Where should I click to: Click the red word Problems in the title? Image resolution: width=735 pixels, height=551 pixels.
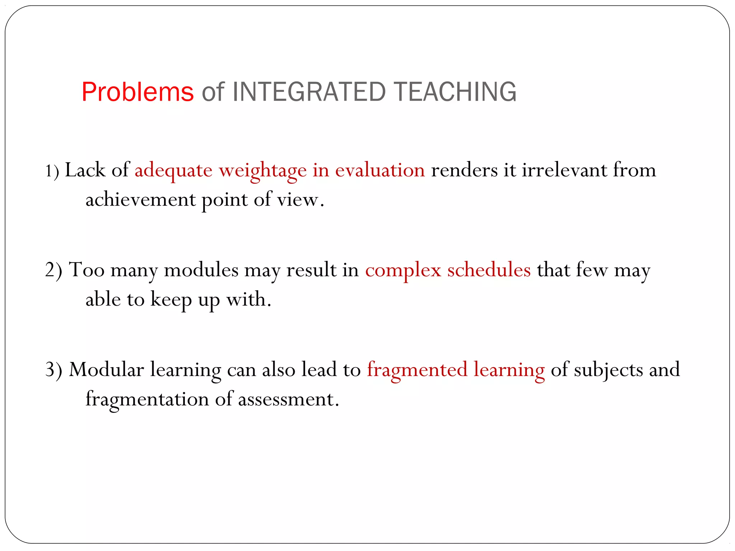tap(137, 92)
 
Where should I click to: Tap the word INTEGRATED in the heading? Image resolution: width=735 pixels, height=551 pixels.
tap(309, 92)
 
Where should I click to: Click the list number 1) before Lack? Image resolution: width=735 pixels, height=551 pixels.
tap(52, 171)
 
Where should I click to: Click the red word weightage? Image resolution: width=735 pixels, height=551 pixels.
tap(263, 171)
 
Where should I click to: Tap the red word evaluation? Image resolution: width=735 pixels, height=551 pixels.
tap(380, 170)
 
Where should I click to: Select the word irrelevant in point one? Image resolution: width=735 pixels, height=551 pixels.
tap(564, 170)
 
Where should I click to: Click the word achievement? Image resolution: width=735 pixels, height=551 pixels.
tap(140, 199)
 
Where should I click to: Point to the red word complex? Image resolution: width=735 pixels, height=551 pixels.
tap(403, 270)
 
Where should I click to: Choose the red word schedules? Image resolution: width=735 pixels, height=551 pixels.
tap(489, 270)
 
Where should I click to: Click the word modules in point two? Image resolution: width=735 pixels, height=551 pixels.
tap(201, 270)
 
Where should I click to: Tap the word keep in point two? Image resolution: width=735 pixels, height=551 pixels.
tap(171, 300)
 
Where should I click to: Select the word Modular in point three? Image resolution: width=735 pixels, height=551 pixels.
tap(106, 369)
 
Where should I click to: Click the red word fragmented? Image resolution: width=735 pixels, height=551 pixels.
tap(417, 370)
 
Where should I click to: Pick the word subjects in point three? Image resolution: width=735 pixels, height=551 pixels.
tap(608, 370)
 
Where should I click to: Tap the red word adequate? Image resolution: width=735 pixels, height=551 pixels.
tap(173, 171)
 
